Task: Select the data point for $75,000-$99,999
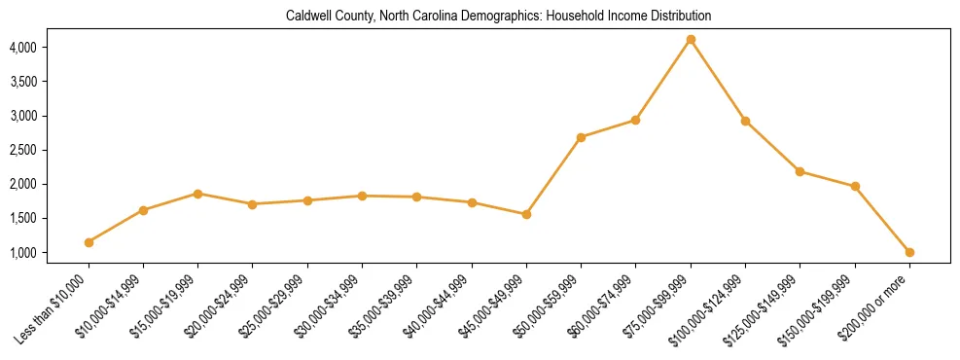click(691, 40)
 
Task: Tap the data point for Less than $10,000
click(89, 242)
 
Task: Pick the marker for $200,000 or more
click(909, 252)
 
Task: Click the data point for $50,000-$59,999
click(581, 137)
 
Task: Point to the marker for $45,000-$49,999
click(526, 214)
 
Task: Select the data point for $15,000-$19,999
click(197, 194)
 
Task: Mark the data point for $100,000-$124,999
click(745, 121)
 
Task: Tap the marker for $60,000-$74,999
click(635, 120)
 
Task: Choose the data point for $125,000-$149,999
click(800, 171)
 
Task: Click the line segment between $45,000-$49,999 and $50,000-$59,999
click(553, 176)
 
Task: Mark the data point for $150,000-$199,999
click(855, 186)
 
